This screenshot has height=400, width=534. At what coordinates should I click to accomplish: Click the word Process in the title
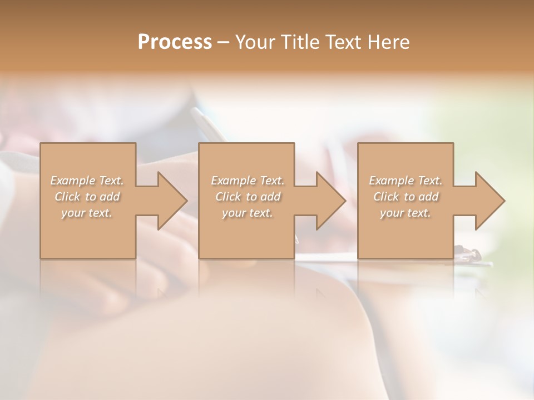(175, 42)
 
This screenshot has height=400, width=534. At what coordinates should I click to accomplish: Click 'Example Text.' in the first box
(87, 181)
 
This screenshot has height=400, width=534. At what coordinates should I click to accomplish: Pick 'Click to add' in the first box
(87, 197)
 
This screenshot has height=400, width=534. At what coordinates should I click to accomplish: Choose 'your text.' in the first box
(87, 213)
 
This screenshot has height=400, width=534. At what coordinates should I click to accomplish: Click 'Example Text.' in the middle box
(248, 181)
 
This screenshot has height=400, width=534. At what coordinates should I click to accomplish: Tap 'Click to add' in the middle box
(248, 197)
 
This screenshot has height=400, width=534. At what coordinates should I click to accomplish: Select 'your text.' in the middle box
(248, 213)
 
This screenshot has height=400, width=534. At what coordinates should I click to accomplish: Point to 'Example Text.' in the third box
(406, 181)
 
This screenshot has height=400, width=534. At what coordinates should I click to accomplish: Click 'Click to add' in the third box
(406, 197)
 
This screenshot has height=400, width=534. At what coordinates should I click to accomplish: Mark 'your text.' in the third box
(406, 213)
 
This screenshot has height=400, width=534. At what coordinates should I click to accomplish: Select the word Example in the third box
(391, 181)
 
